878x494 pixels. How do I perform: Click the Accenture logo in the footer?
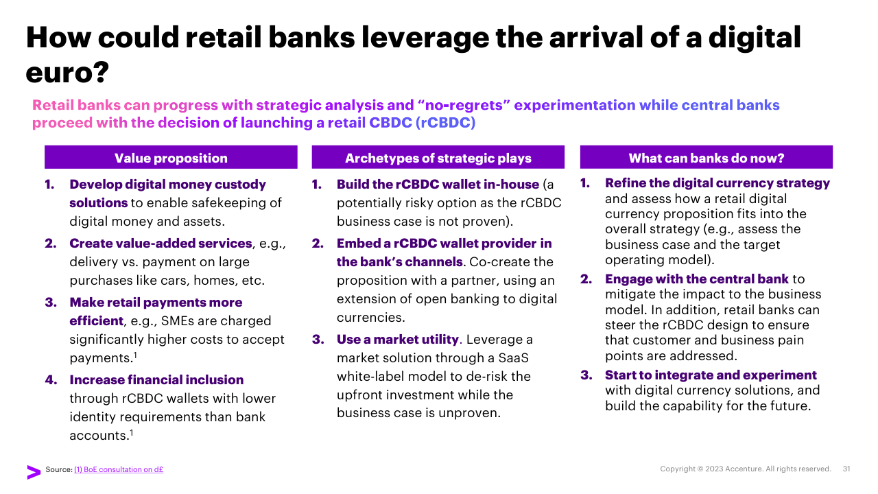34,472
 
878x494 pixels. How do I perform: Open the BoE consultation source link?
119,469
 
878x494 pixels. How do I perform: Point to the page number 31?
846,469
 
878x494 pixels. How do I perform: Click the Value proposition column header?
171,158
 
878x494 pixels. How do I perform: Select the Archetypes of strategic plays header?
438,158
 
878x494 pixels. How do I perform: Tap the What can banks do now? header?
707,158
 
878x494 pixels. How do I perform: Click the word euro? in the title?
67,73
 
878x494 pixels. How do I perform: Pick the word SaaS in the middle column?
514,357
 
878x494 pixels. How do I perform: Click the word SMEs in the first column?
178,320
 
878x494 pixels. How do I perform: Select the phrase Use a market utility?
397,339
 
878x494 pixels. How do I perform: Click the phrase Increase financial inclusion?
156,379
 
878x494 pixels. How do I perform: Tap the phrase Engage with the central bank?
696,279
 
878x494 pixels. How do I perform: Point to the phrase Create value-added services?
161,243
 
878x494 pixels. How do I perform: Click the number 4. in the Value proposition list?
51,379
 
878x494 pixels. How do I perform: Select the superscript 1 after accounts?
132,432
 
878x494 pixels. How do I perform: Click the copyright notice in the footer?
746,469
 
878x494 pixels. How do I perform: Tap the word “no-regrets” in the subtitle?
464,105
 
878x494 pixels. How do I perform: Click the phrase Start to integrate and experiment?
711,375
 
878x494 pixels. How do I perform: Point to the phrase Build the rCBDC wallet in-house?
438,185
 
